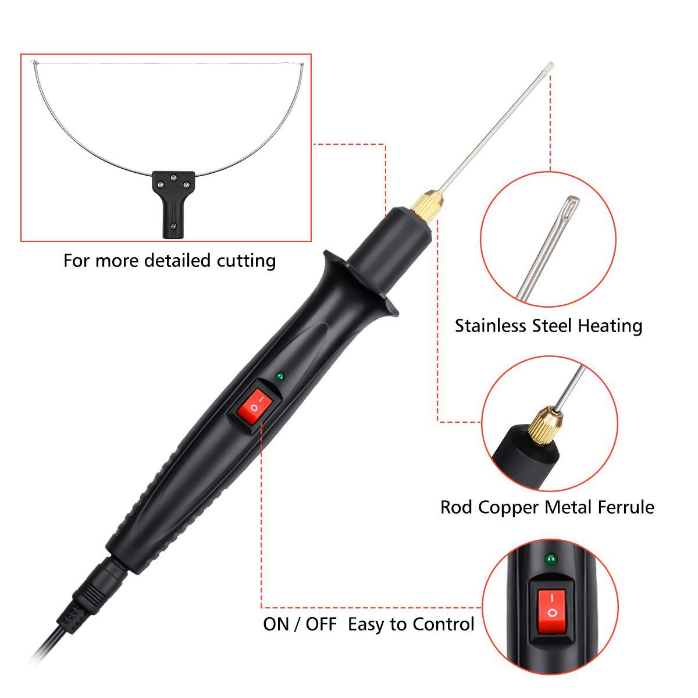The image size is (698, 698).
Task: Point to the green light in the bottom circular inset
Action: coord(548,560)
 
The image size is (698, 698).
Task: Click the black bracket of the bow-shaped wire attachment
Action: coord(173,198)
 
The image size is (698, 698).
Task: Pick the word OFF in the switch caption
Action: coord(321,625)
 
